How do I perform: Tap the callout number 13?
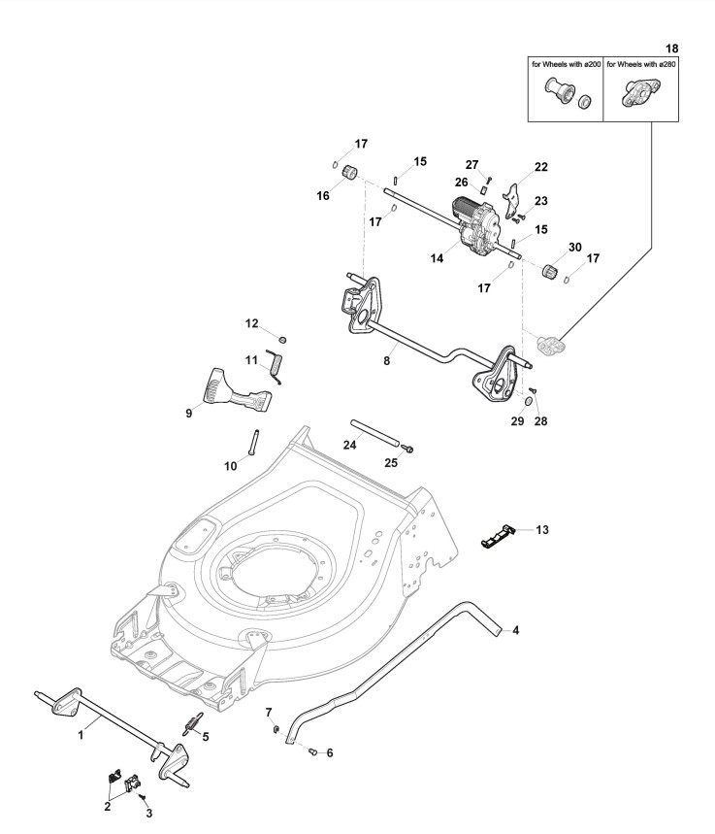[x=542, y=529]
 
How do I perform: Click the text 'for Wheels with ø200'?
[x=565, y=64]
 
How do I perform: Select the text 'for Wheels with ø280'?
[x=641, y=64]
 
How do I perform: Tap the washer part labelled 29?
[x=527, y=401]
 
